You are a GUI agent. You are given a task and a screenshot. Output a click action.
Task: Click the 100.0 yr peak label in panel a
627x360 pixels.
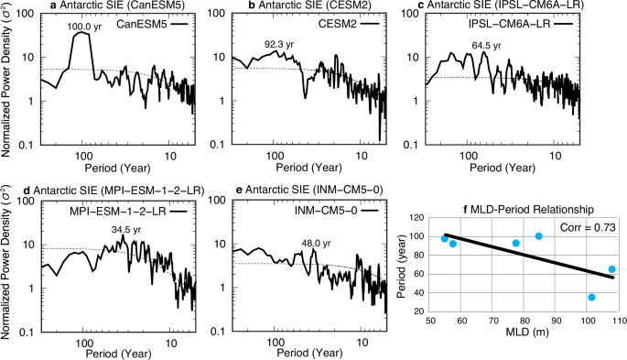coord(83,27)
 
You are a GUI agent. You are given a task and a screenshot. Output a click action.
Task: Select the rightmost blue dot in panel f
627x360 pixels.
coord(611,269)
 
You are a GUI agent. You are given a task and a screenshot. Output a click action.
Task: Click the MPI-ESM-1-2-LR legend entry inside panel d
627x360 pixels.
coord(123,212)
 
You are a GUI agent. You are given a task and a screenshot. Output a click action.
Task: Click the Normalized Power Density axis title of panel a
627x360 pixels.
coord(8,78)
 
